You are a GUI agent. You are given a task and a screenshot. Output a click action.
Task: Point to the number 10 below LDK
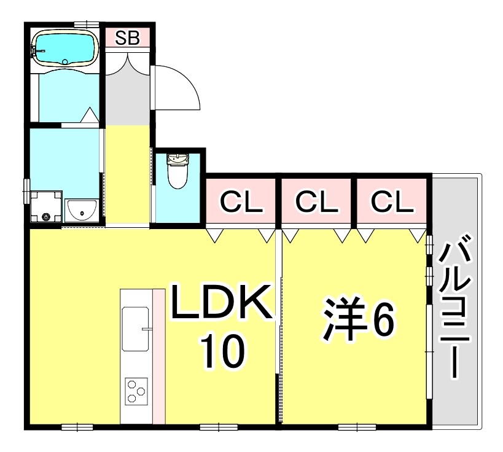point(222,351)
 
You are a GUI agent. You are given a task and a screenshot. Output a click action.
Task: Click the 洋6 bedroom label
point(356,319)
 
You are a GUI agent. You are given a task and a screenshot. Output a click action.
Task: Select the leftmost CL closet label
point(240,201)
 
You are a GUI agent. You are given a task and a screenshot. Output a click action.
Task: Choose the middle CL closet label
point(316,201)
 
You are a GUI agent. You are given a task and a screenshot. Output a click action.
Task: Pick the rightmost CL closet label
point(392,201)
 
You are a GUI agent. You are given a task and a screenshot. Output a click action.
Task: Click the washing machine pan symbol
point(46,207)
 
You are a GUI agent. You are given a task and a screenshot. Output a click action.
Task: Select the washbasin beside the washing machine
point(80,211)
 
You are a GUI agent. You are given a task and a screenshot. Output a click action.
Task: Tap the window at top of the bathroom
point(87,24)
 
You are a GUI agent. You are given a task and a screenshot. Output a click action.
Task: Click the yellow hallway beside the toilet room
point(128,175)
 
